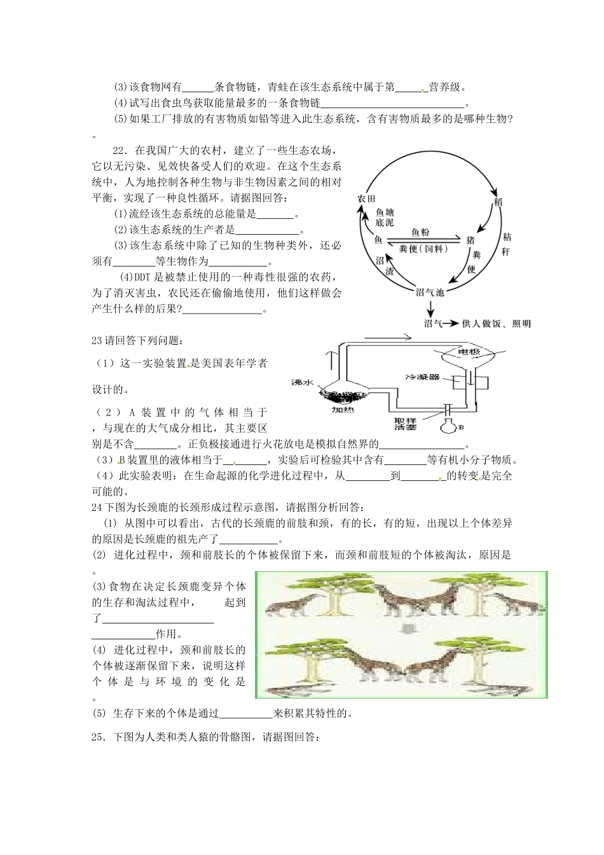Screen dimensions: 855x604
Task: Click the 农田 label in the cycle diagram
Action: [x=367, y=198]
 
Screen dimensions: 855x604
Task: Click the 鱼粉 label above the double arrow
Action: [x=420, y=233]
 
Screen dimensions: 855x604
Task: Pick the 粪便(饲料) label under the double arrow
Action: [x=423, y=249]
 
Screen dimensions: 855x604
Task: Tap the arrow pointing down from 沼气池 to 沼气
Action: [x=430, y=309]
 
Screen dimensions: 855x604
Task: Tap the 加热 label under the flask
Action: [x=344, y=410]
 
